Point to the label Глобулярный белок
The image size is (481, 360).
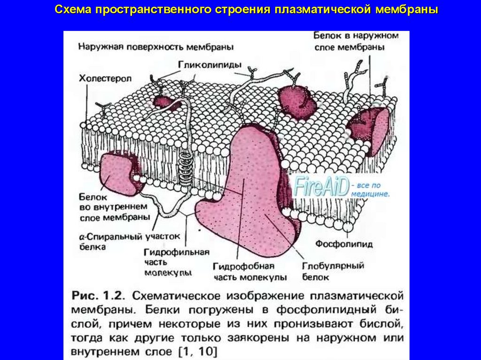333,271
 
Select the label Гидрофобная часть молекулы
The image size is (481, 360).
250,271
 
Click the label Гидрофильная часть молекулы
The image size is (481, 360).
176,262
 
